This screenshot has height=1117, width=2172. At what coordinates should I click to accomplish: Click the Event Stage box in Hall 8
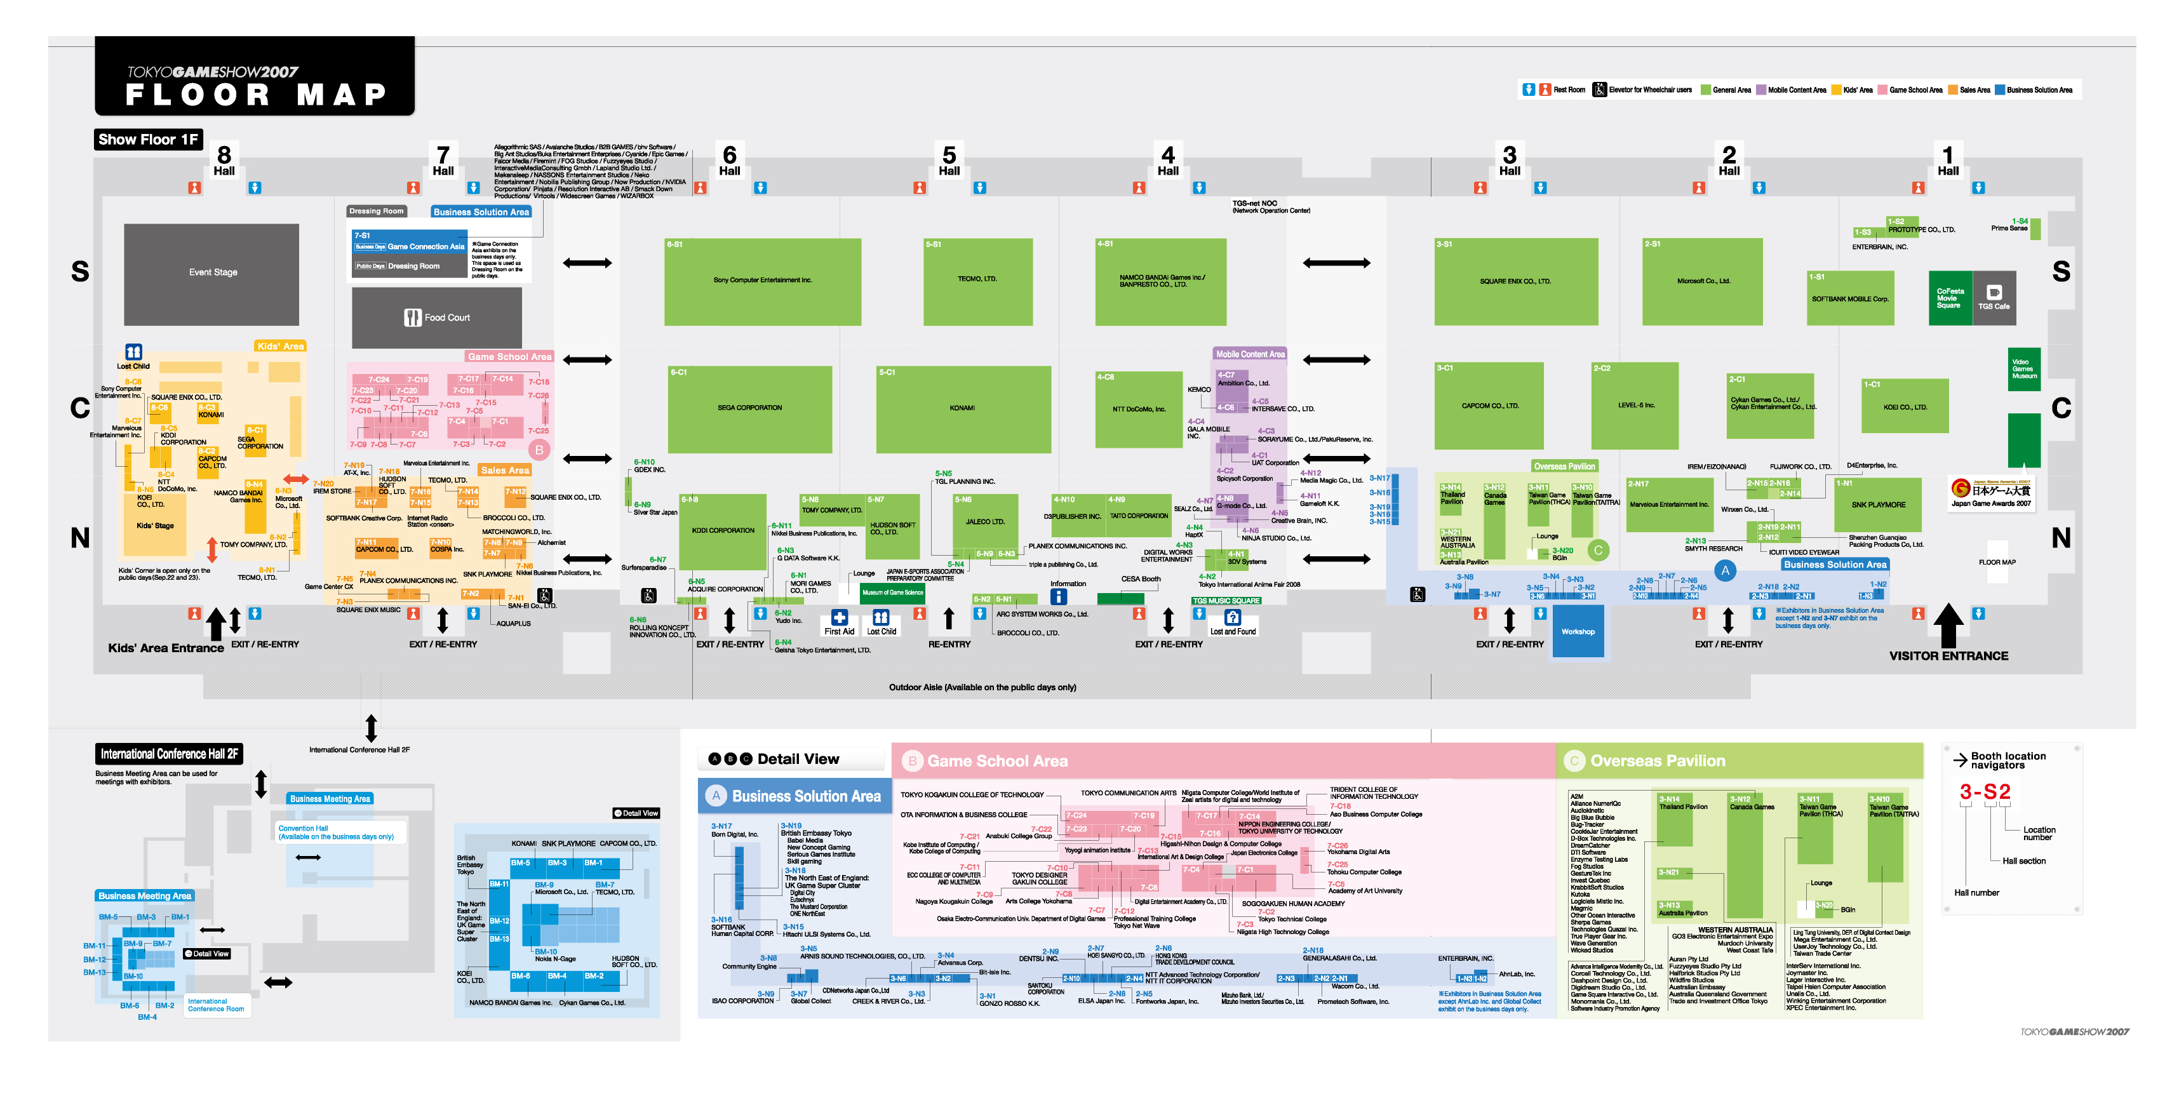(211, 273)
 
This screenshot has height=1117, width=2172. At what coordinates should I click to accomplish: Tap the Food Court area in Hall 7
(437, 318)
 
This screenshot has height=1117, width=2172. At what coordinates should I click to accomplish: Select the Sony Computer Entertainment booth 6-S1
(762, 281)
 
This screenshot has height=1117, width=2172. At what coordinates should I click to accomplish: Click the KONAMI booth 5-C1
(963, 409)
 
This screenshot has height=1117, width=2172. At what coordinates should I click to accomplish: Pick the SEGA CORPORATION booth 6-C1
(749, 409)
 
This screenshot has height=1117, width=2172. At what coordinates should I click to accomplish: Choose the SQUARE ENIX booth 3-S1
(1515, 281)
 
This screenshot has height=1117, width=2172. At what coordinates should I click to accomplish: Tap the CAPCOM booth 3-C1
(1489, 406)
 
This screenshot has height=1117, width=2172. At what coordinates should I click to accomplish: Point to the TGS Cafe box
(1994, 298)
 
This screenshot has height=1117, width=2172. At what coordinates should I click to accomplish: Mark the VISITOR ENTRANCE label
(1948, 656)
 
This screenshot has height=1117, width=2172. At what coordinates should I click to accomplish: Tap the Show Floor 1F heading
(147, 140)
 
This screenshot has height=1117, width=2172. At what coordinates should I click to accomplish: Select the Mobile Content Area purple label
(1250, 354)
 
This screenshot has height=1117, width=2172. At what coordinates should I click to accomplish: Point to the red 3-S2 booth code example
(1985, 792)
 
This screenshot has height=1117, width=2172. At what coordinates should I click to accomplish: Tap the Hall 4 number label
(1168, 159)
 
